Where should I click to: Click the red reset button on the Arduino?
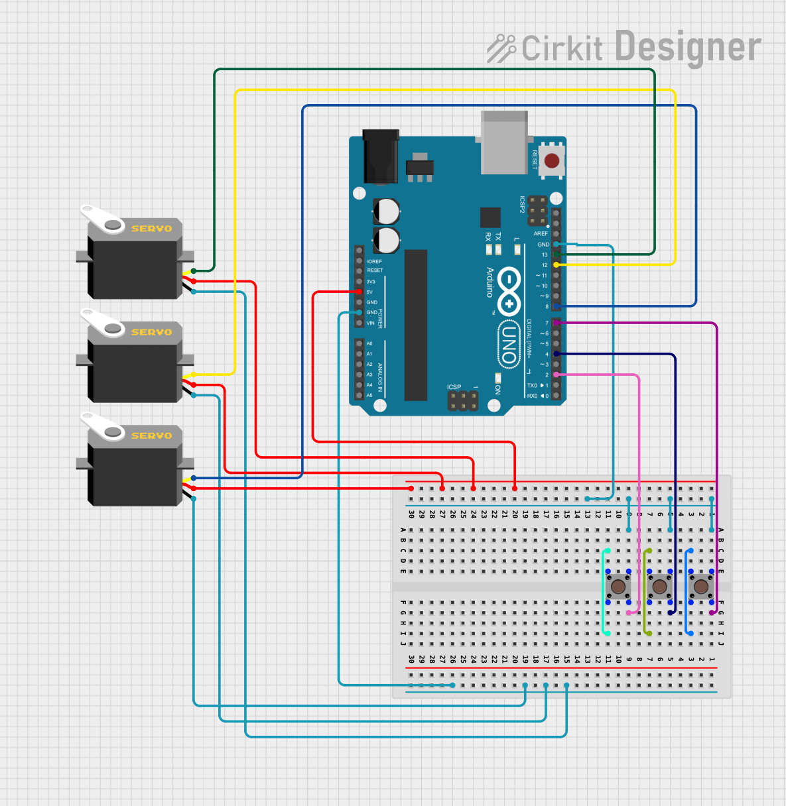click(x=551, y=161)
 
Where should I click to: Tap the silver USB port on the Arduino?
click(x=505, y=143)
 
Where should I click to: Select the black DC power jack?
click(x=381, y=156)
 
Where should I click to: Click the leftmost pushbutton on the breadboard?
click(x=618, y=587)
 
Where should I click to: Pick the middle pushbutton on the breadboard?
click(x=659, y=587)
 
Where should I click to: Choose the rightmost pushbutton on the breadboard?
click(x=700, y=587)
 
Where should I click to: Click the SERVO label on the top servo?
click(x=151, y=229)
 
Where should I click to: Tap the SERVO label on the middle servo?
click(x=151, y=332)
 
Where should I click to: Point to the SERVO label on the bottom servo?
click(x=151, y=435)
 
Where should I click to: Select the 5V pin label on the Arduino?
click(x=369, y=292)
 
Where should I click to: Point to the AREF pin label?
click(x=541, y=234)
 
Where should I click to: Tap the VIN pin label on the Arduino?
click(x=370, y=323)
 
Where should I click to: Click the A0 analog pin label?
click(x=369, y=343)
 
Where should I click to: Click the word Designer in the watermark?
click(x=687, y=48)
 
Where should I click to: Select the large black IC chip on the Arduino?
click(x=416, y=325)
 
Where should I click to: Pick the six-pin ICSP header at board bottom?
click(x=463, y=400)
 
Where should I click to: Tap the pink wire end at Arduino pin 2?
click(x=557, y=374)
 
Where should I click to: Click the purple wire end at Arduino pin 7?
click(x=557, y=323)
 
